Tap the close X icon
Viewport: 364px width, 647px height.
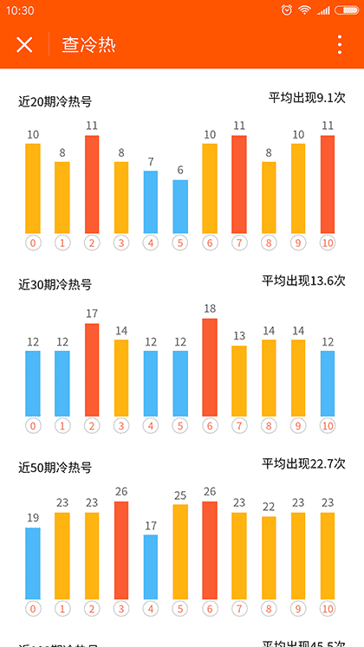point(24,45)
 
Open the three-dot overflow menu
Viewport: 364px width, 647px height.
point(340,45)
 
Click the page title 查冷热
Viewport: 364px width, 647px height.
point(88,45)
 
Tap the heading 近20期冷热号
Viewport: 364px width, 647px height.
point(55,101)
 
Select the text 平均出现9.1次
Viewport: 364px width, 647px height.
point(307,97)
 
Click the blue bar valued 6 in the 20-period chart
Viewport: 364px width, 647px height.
point(180,206)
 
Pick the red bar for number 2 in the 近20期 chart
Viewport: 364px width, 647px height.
point(92,184)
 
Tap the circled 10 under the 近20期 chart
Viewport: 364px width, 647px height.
point(327,243)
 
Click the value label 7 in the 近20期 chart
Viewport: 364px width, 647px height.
point(151,162)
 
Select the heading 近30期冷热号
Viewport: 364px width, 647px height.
point(55,284)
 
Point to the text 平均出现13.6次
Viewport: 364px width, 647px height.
point(303,280)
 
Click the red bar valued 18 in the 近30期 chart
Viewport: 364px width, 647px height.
point(210,367)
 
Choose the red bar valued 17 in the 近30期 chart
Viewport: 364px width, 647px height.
point(92,370)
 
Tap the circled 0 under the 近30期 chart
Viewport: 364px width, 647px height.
point(33,426)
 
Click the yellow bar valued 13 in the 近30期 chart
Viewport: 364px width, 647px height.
point(239,381)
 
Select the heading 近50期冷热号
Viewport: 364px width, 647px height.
point(55,467)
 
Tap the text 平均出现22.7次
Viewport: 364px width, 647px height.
point(303,463)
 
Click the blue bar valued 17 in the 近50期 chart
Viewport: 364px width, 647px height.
point(151,566)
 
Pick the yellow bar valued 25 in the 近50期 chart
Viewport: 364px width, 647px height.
point(180,552)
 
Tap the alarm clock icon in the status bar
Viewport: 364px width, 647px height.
point(287,10)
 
